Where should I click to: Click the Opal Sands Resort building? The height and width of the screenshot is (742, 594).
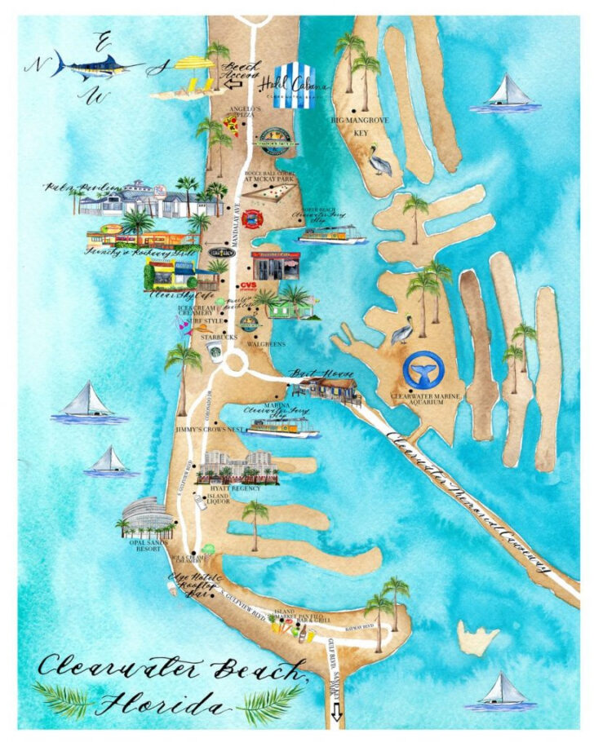(145, 517)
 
